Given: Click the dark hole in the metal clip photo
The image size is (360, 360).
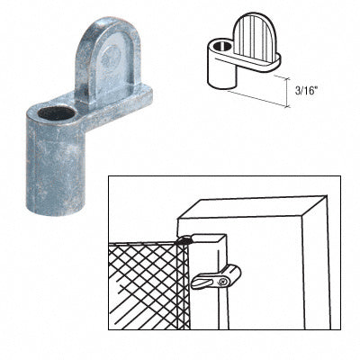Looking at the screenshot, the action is pos(56,113).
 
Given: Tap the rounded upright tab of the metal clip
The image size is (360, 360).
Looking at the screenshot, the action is pos(108,61).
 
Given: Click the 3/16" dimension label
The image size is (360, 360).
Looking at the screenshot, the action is pos(306,91).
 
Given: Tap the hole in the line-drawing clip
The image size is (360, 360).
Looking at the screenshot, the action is pos(222,46).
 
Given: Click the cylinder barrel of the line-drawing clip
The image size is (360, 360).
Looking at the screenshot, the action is pos(220,72).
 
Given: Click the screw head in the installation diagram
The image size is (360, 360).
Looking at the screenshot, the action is pos(222,282).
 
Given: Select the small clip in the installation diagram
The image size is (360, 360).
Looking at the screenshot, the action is pos(215,277).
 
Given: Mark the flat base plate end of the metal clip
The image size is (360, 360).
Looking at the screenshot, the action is pos(141,96).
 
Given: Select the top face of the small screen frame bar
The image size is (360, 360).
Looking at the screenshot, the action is pos(207,238).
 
